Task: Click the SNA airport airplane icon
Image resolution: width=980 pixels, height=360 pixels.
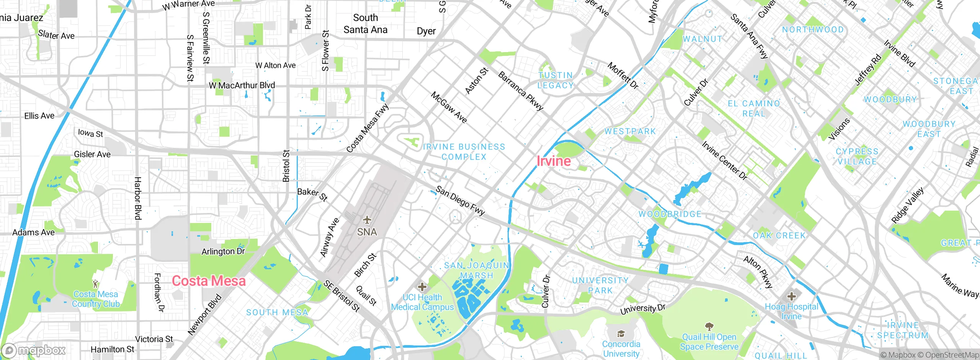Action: [367, 220]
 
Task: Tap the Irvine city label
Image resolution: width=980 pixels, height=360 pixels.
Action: [554, 161]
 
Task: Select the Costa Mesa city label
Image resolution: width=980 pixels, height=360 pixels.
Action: [209, 281]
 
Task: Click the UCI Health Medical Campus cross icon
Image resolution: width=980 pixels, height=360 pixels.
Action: [422, 287]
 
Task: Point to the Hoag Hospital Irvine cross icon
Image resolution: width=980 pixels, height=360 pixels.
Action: [791, 296]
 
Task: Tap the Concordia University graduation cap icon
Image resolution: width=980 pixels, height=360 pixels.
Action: [621, 334]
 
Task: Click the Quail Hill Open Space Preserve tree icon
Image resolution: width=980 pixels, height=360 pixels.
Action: [709, 327]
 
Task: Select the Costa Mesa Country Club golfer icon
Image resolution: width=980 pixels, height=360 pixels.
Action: [95, 284]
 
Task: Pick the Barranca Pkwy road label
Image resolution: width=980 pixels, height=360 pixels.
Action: [521, 91]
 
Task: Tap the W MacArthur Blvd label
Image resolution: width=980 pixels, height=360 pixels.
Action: [242, 85]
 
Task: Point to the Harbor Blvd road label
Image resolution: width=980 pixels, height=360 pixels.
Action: [138, 198]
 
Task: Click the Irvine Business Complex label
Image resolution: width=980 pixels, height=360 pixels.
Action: [464, 152]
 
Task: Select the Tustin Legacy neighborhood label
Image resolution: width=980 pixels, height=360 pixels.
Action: [555, 80]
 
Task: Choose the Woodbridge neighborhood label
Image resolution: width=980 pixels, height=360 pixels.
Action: [670, 214]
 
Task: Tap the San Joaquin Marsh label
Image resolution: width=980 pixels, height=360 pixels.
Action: [477, 270]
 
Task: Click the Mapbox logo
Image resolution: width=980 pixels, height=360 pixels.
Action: [34, 350]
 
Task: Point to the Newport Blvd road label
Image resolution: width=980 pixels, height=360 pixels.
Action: [205, 314]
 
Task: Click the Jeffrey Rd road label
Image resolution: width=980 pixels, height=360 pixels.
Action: [868, 70]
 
